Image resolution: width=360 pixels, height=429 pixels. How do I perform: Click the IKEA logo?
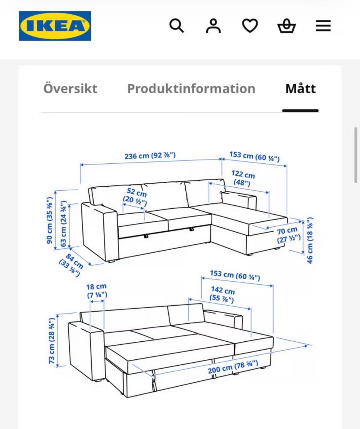coord(55,26)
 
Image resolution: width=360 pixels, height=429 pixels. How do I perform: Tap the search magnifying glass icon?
coord(176,26)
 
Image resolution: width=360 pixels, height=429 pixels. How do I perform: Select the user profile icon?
coord(213,26)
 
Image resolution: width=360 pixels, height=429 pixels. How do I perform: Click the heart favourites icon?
coord(250,26)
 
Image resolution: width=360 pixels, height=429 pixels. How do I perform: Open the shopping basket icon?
coord(286,26)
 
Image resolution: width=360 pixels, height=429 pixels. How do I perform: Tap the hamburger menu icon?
coord(323,26)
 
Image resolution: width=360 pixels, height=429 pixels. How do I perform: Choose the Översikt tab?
coord(70,88)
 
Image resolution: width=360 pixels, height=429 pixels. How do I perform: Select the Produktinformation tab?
coord(191,88)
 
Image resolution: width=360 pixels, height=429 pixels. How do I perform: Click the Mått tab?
coord(301,88)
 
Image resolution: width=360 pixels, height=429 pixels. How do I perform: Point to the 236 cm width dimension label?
coord(150,156)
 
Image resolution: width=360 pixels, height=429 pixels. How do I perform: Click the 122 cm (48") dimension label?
coord(243,178)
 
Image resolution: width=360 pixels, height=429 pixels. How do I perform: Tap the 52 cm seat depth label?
coord(136,197)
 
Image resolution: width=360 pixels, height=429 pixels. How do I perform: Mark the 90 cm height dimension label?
coord(49,220)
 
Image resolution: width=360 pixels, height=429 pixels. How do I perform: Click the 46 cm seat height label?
coord(310,241)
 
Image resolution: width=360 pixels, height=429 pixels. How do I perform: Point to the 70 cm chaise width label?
coord(288,235)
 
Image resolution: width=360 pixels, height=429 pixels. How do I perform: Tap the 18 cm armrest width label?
coord(97,291)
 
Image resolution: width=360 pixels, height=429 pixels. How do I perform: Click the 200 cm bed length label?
coord(233,367)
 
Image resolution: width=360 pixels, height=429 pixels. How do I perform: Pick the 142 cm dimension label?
coord(222,294)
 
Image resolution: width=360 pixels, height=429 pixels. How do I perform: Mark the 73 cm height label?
coord(51,341)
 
